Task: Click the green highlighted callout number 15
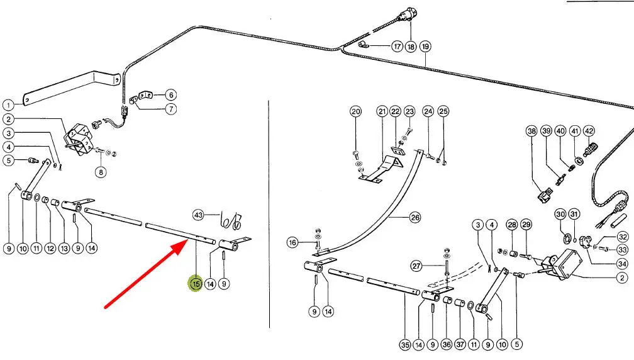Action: pyautogui.click(x=196, y=284)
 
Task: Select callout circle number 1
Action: pyautogui.click(x=8, y=106)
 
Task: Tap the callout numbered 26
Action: pyautogui.click(x=414, y=218)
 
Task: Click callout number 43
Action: pyautogui.click(x=199, y=215)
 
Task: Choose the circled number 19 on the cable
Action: pyautogui.click(x=426, y=47)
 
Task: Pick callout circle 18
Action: pyautogui.click(x=411, y=47)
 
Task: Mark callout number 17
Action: pyautogui.click(x=396, y=47)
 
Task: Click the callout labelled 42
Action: pyautogui.click(x=589, y=131)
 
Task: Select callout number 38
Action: pyautogui.click(x=531, y=131)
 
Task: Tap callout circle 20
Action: pyautogui.click(x=356, y=111)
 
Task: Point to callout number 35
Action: pyautogui.click(x=405, y=344)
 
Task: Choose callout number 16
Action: pyautogui.click(x=292, y=242)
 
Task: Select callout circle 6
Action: pyautogui.click(x=171, y=95)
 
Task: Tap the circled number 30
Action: pyautogui.click(x=560, y=215)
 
